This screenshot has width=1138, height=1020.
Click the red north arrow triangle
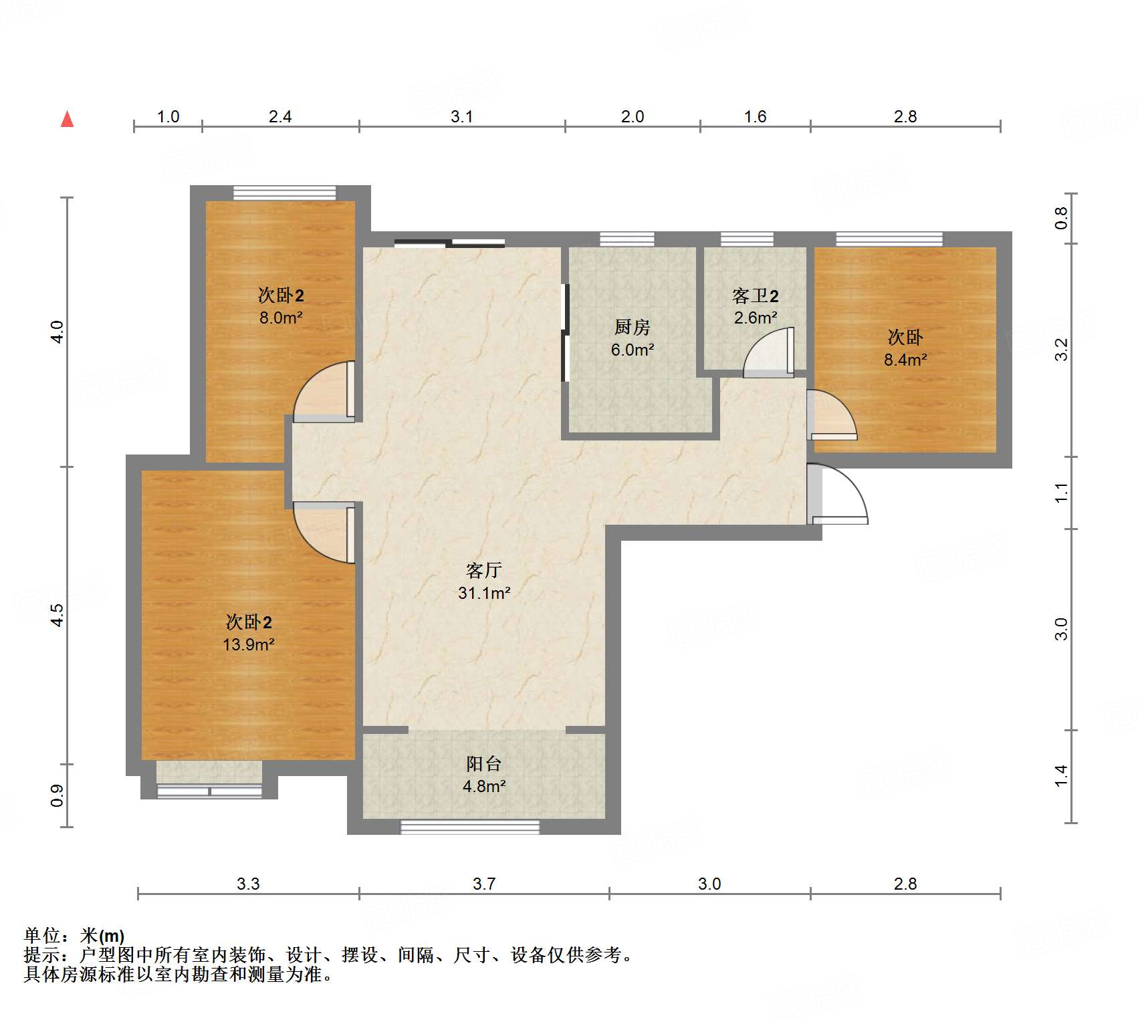click(67, 119)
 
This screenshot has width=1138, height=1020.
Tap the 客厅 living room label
click(483, 570)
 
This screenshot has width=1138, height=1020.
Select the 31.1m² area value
click(484, 593)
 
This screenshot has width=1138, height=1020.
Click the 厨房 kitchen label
click(632, 327)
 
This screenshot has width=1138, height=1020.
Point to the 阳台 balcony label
click(483, 763)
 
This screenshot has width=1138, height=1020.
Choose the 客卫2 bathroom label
click(756, 295)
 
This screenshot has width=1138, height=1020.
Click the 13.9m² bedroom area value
click(249, 644)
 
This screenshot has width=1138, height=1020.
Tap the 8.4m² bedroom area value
click(905, 360)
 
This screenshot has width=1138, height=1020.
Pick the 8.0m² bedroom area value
click(281, 317)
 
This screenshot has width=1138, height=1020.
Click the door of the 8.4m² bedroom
click(832, 415)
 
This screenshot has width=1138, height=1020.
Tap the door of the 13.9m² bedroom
click(324, 533)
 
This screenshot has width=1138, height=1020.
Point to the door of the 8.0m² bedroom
click(324, 392)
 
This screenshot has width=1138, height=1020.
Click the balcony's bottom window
click(469, 827)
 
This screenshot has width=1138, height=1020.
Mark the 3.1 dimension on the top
click(461, 117)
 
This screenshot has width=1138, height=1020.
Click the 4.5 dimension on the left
click(58, 615)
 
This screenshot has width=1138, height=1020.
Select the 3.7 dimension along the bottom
click(483, 884)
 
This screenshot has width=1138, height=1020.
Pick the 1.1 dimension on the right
click(1062, 493)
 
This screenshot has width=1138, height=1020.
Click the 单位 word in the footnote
click(41, 936)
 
